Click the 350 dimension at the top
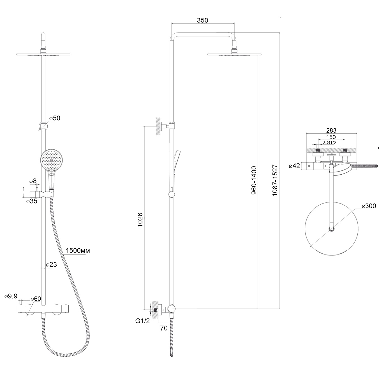pos(202,20)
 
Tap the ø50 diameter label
pos(55,118)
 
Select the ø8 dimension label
pos(33,181)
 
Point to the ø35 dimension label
pos(32,201)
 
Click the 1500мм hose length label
pos(78,251)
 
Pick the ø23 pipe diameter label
pos(51,265)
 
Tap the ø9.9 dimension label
pos(11,296)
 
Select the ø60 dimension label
pos(36,299)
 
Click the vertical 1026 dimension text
pos(140,219)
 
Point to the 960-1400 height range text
pos(254,180)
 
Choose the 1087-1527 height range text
pos(275,180)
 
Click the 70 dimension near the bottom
pos(164,328)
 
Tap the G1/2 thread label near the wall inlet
pos(142,321)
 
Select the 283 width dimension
pos(331,130)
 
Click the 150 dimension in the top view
pos(331,137)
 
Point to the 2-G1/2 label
pos(329,142)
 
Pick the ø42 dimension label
pos(294,166)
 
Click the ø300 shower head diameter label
pos(369,206)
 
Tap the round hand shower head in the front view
pos(51,160)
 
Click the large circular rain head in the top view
pos(332,229)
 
